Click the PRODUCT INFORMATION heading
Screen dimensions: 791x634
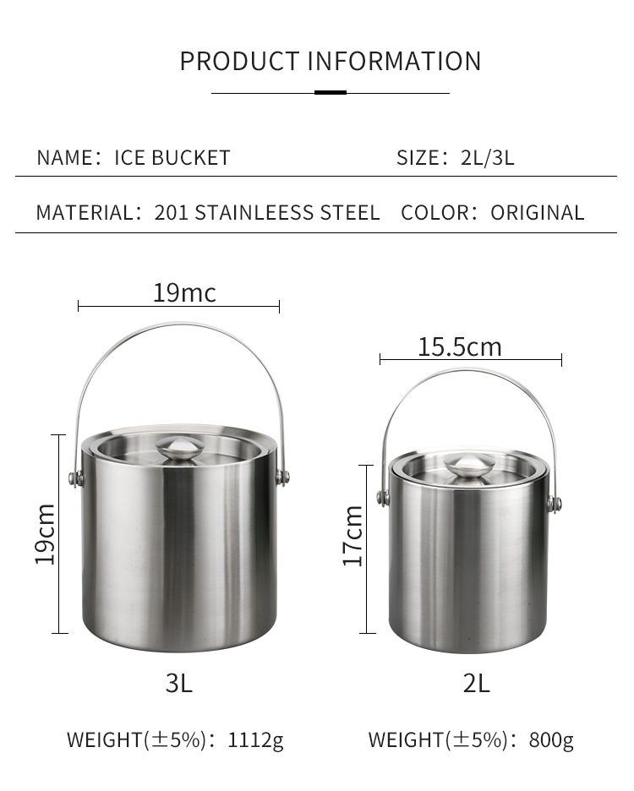(330, 62)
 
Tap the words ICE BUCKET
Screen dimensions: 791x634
(172, 158)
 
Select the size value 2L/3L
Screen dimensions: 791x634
(488, 158)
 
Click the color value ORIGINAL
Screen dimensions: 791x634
(538, 213)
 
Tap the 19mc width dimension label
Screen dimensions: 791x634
(184, 293)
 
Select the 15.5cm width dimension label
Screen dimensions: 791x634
(459, 346)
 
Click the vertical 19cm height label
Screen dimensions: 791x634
(45, 534)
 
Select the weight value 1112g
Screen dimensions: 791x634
(256, 741)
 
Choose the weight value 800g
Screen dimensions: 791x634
(551, 741)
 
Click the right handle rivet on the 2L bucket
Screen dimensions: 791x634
(554, 505)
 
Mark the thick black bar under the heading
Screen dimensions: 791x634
(330, 92)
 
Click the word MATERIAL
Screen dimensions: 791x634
(84, 213)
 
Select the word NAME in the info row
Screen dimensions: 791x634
(63, 158)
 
